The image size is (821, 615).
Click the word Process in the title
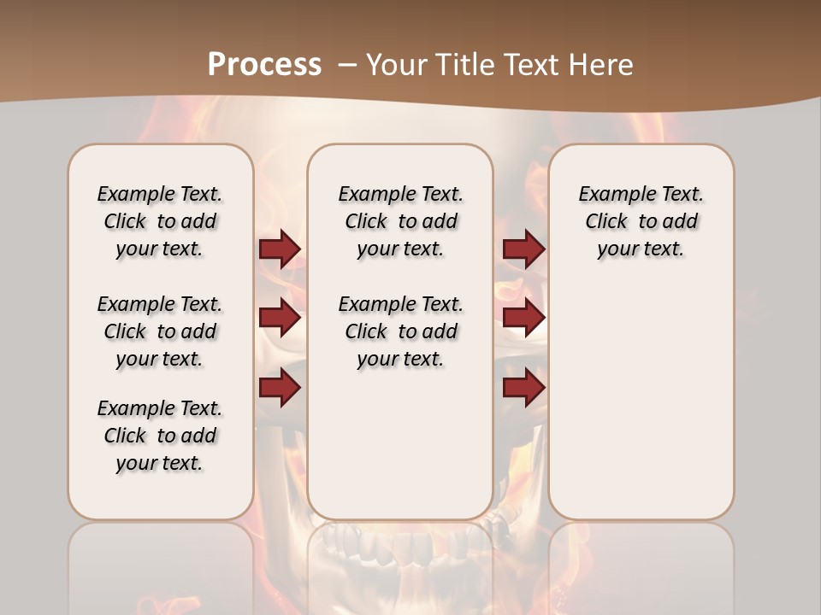[264, 65]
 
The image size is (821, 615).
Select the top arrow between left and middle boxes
[280, 249]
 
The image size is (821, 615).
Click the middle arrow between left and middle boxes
[280, 319]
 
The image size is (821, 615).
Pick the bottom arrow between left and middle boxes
[280, 388]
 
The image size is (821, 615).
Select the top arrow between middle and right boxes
[523, 249]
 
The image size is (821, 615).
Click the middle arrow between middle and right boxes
[523, 319]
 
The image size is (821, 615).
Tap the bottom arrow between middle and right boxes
[523, 388]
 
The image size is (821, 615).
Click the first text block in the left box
[160, 221]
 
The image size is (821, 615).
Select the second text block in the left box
[160, 331]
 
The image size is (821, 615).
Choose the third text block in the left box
[160, 436]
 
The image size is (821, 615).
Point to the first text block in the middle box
[400, 221]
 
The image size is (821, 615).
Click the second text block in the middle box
[400, 331]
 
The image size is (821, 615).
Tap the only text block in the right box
[641, 221]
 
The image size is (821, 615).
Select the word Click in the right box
[606, 222]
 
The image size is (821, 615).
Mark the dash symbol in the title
[348, 65]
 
